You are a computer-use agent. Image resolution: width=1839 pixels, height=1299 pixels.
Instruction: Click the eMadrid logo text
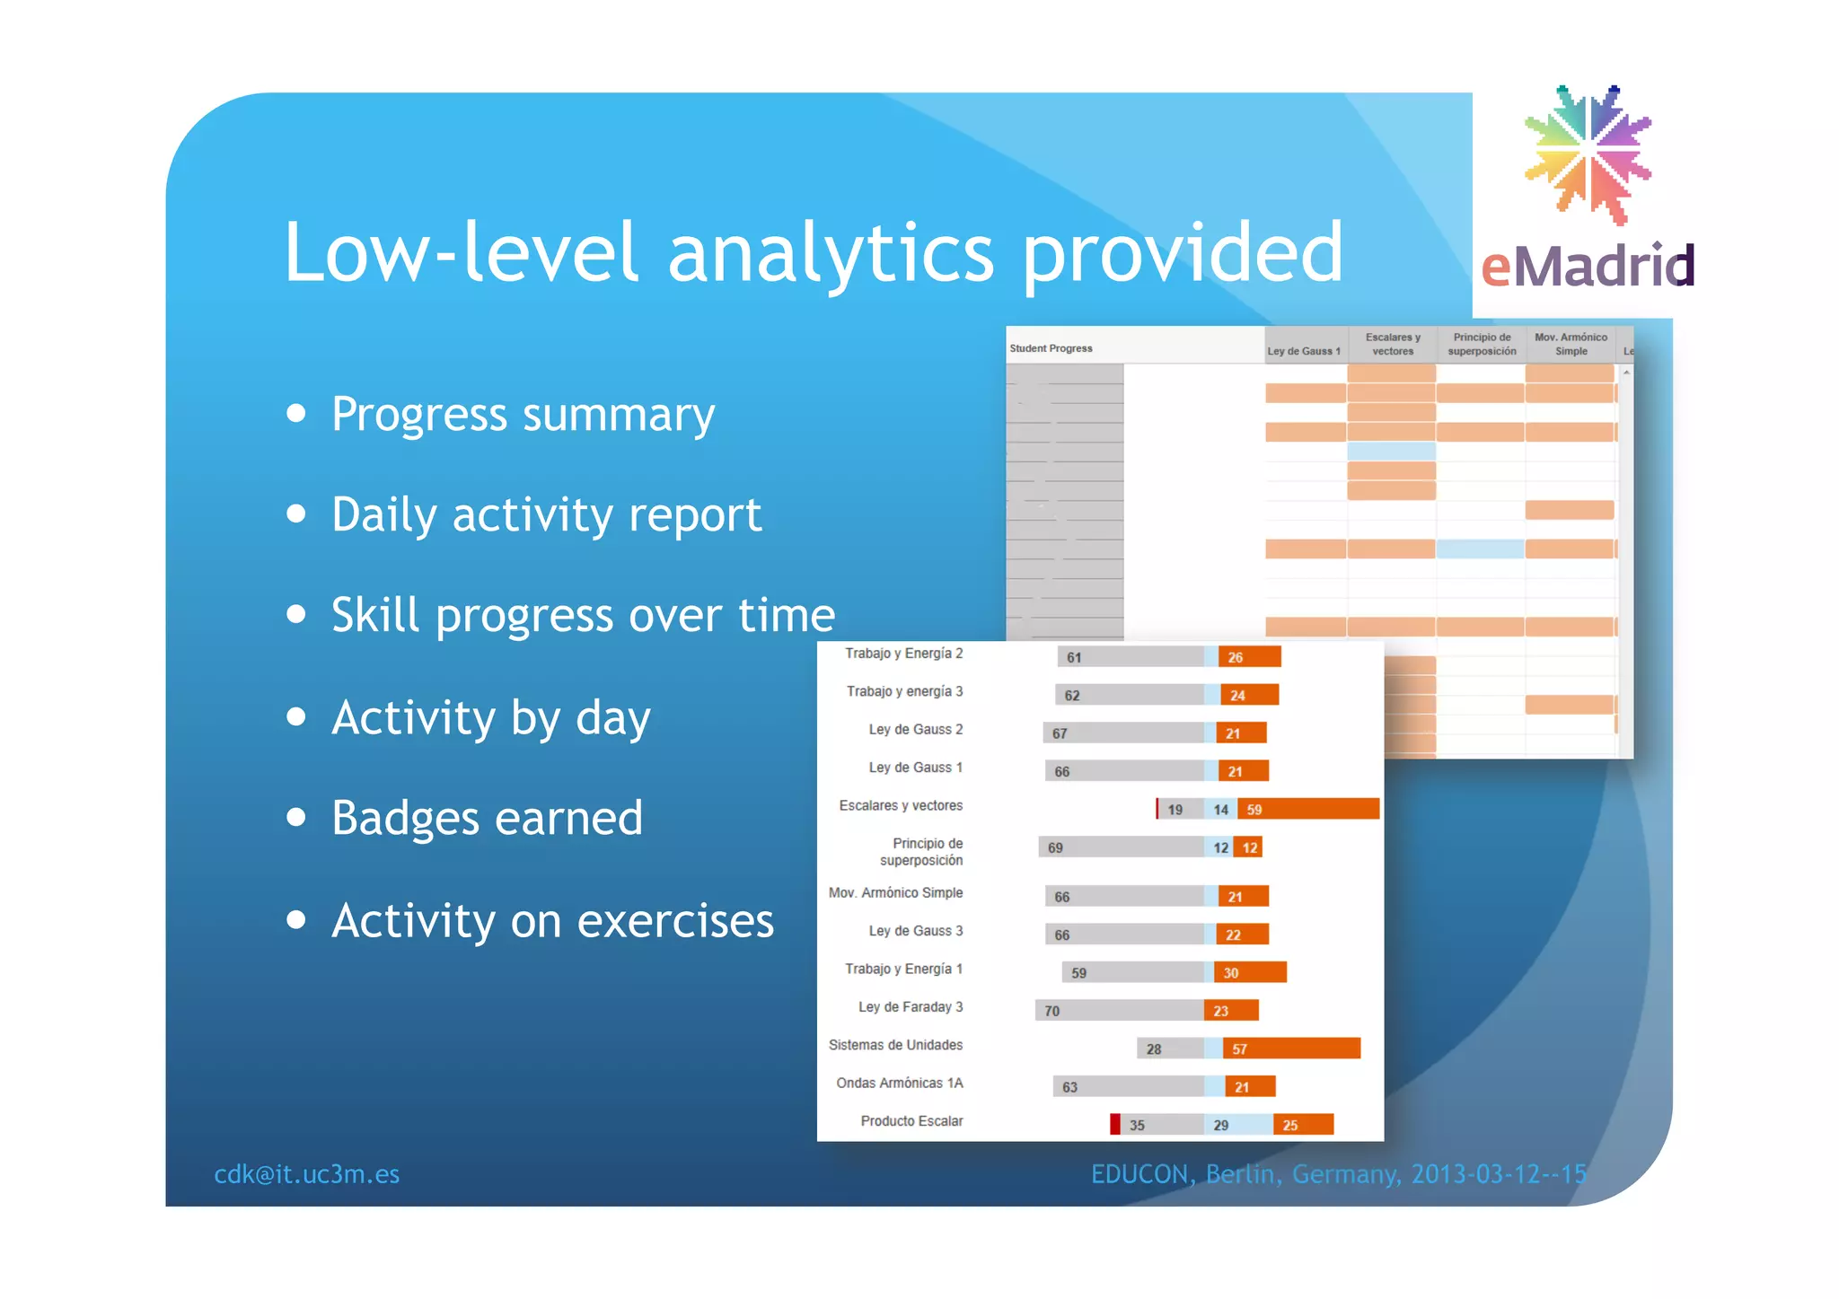pyautogui.click(x=1587, y=267)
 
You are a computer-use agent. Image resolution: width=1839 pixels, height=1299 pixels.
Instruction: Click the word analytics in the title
pyautogui.click(x=831, y=254)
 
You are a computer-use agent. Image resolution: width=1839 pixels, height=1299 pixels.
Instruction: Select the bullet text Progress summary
pyautogui.click(x=523, y=415)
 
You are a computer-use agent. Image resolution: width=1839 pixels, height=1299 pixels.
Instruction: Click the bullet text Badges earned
pyautogui.click(x=487, y=819)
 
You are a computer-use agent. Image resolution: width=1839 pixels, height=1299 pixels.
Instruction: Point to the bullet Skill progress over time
pyautogui.click(x=583, y=616)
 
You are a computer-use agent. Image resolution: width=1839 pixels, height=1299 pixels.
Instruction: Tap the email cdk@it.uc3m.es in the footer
pyautogui.click(x=306, y=1174)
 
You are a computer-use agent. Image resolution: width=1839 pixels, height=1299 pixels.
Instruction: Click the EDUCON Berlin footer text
pyautogui.click(x=1338, y=1174)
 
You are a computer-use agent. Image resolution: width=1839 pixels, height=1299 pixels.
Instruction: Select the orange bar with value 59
pyautogui.click(x=1307, y=809)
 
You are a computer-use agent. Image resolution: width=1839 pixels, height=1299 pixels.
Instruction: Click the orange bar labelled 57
pyautogui.click(x=1291, y=1049)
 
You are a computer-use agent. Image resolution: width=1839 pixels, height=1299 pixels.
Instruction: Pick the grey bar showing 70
pyautogui.click(x=1119, y=1011)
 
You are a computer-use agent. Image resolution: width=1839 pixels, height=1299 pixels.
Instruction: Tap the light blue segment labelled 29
pyautogui.click(x=1237, y=1125)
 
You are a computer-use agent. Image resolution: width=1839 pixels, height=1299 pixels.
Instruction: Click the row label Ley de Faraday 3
pyautogui.click(x=910, y=1007)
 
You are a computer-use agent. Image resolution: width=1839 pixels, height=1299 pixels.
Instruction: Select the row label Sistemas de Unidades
pyautogui.click(x=895, y=1045)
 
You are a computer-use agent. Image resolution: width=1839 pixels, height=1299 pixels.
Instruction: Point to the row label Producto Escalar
pyautogui.click(x=911, y=1121)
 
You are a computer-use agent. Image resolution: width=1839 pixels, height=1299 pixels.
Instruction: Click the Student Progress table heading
pyautogui.click(x=1051, y=348)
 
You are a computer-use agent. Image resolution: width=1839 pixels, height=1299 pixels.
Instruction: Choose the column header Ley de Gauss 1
pyautogui.click(x=1303, y=351)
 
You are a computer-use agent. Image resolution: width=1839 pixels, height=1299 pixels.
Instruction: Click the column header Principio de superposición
pyautogui.click(x=1482, y=345)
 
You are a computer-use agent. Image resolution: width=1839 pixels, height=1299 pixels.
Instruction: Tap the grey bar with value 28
pyautogui.click(x=1170, y=1049)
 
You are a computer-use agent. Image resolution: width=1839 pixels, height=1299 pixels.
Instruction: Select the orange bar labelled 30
pyautogui.click(x=1250, y=972)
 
